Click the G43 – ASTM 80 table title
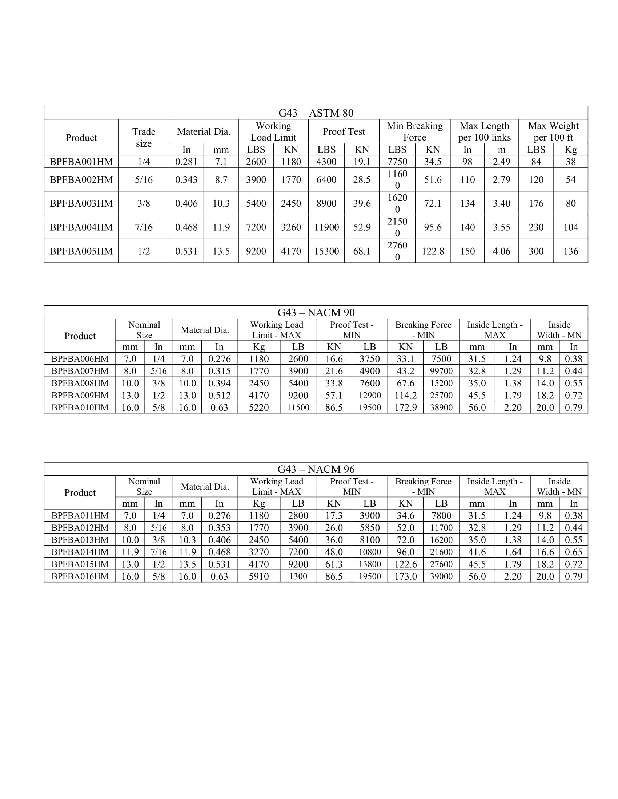pyautogui.click(x=316, y=113)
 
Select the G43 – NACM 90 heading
pyautogui.click(x=316, y=312)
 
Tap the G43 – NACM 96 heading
pyautogui.click(x=316, y=469)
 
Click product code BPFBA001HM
pyautogui.click(x=81, y=162)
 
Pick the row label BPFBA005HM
pyautogui.click(x=81, y=251)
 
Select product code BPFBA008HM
pyautogui.click(x=80, y=383)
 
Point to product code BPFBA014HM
pyautogui.click(x=80, y=552)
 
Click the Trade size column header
pyautogui.click(x=144, y=138)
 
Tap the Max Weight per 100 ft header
pyautogui.click(x=553, y=131)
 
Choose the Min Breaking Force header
pyautogui.click(x=414, y=131)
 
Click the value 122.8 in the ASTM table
pyautogui.click(x=433, y=251)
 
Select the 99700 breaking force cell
pyautogui.click(x=441, y=371)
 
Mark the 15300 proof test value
pyautogui.click(x=326, y=251)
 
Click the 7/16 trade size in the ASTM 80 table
pyautogui.click(x=144, y=227)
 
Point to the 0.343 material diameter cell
pyautogui.click(x=186, y=180)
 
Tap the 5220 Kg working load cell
pyautogui.click(x=258, y=407)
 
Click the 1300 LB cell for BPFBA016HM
pyautogui.click(x=298, y=577)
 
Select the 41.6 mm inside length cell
pyautogui.click(x=477, y=552)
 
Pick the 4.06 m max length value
pyautogui.click(x=501, y=251)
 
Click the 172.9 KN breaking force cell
pyautogui.click(x=405, y=407)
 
